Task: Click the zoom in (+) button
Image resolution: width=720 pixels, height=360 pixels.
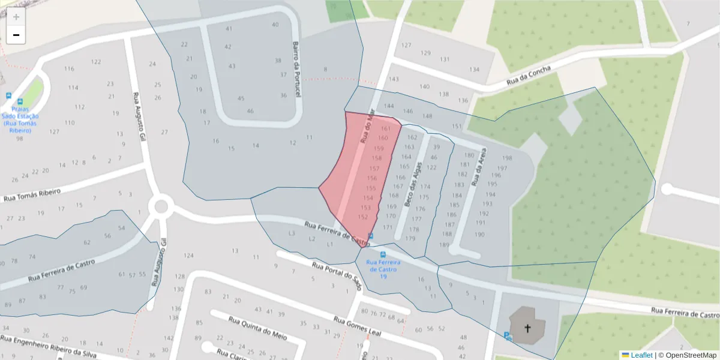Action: (16, 17)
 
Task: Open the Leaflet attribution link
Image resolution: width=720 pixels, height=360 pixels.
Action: (641, 355)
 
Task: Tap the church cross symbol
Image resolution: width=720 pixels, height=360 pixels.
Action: (528, 328)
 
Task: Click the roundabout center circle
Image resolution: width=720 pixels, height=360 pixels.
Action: (161, 207)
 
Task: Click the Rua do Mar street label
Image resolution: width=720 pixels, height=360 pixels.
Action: (367, 125)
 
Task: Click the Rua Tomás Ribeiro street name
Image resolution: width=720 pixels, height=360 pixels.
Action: (32, 196)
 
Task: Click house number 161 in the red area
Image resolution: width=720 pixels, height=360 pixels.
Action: (386, 128)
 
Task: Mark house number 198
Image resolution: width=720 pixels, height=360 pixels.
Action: (507, 158)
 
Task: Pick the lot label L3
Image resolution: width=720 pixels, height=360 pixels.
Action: (292, 233)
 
